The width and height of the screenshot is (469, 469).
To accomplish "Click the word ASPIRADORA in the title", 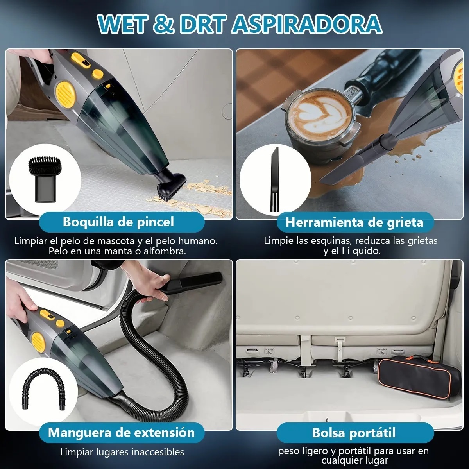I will coord(307,24).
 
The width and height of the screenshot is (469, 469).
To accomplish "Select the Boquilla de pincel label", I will coord(118,222).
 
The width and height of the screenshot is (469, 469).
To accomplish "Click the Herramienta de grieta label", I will coord(354,222).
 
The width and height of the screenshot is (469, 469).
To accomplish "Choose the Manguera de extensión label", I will coord(121,433).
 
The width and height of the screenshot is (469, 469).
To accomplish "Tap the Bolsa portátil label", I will coord(354,433).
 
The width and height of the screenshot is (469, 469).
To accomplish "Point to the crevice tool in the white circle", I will coord(274,179).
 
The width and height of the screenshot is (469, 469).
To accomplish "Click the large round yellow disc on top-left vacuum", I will coord(65,93).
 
